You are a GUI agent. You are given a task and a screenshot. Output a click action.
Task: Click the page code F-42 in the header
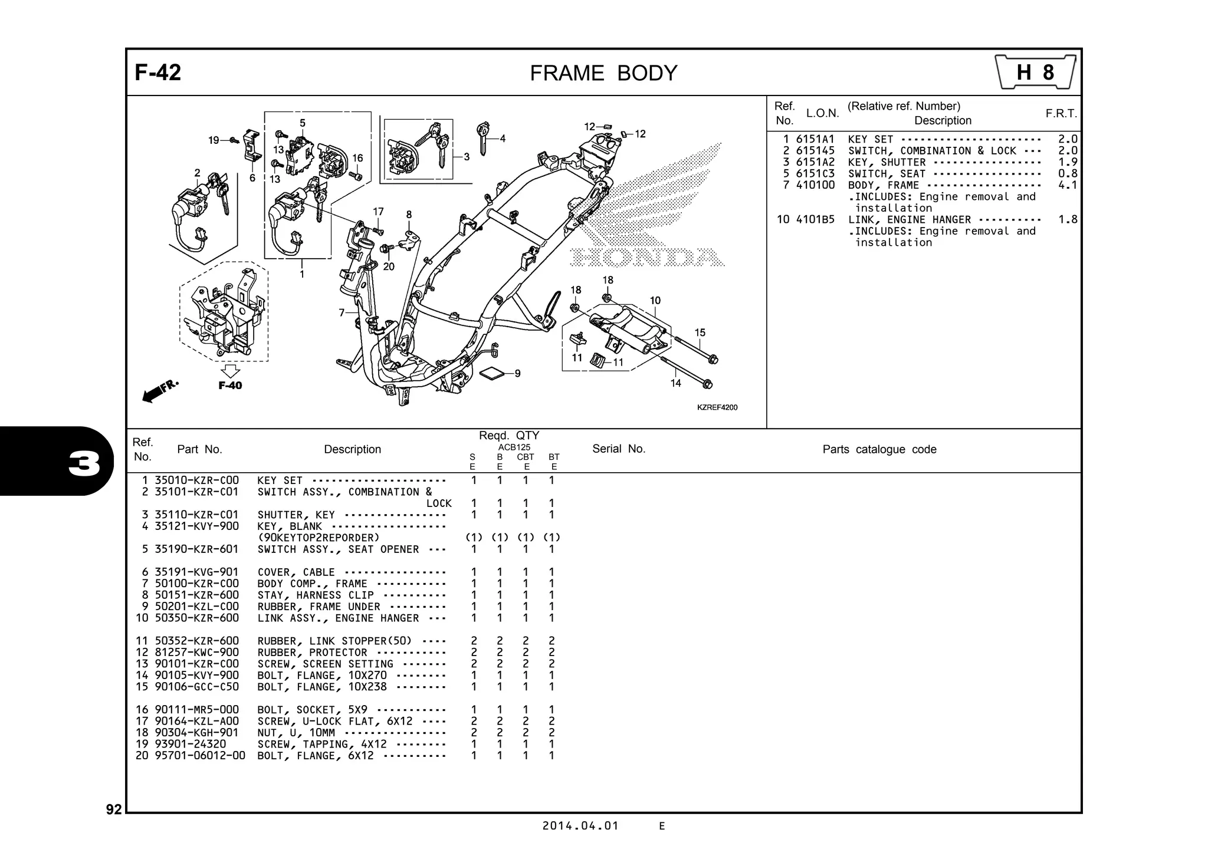pos(157,73)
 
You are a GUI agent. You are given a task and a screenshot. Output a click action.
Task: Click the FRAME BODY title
pos(603,73)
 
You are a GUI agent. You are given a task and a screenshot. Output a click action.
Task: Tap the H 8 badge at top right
pos(1035,73)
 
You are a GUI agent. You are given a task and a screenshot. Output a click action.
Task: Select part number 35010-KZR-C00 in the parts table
pos(196,480)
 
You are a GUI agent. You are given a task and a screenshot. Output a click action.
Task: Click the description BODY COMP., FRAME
pos(312,584)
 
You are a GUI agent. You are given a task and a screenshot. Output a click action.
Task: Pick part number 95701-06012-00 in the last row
pos(200,756)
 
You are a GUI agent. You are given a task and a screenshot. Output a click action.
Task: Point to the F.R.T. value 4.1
pos(1067,185)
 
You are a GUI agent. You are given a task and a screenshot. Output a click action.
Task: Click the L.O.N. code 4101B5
pos(815,219)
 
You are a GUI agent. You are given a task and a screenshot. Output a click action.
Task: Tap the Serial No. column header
pos(618,449)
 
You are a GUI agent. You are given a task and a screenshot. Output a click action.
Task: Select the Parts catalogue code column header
pos(879,449)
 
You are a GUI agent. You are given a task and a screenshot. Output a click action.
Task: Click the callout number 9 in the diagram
pos(517,373)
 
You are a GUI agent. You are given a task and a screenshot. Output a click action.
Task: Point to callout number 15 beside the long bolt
pos(700,332)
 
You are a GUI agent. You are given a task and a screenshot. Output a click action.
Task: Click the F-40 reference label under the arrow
pos(230,386)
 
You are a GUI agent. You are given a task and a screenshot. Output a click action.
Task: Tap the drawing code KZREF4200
pos(717,407)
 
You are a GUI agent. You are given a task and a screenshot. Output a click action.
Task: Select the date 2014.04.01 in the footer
pos(580,825)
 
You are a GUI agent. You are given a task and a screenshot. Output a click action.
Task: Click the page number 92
pos(114,809)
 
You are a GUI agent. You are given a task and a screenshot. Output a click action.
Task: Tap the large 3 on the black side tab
pos(84,464)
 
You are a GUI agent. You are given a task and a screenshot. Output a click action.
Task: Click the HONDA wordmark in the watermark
pos(647,258)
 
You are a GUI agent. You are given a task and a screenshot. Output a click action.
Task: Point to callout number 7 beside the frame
pos(342,312)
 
